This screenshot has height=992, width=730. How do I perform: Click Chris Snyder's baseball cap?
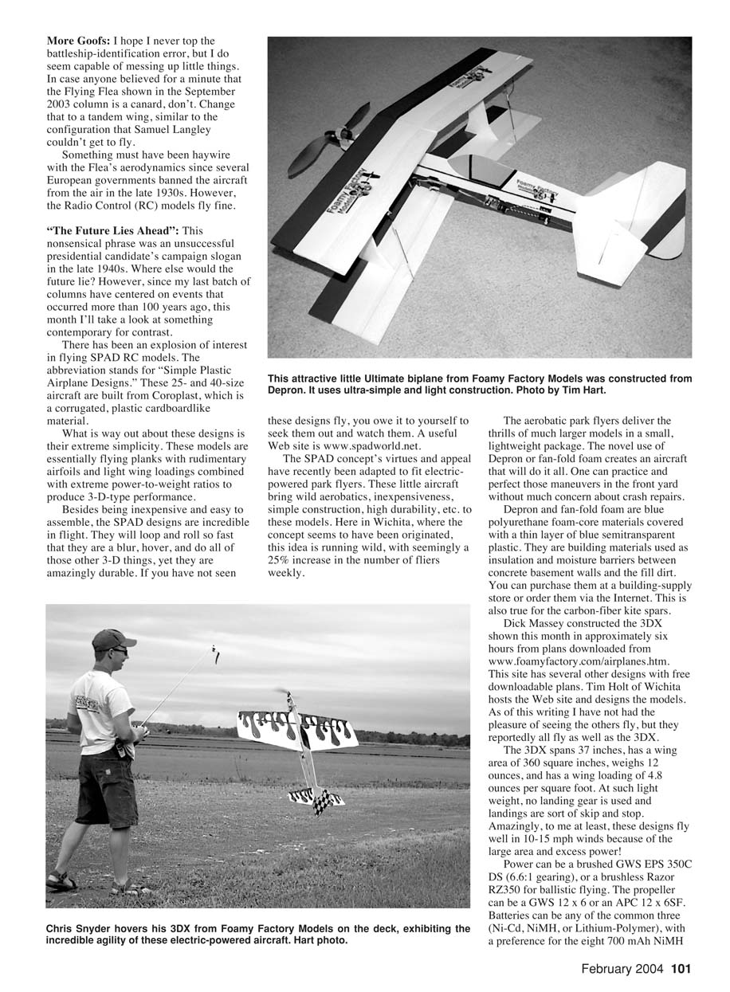(111, 639)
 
